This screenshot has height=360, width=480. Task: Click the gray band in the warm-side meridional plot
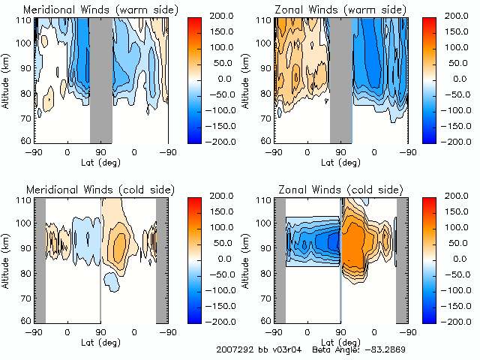pyautogui.click(x=100, y=79)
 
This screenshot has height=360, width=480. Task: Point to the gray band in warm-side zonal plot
pyautogui.click(x=340, y=79)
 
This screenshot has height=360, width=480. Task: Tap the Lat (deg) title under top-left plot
pyautogui.click(x=100, y=162)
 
